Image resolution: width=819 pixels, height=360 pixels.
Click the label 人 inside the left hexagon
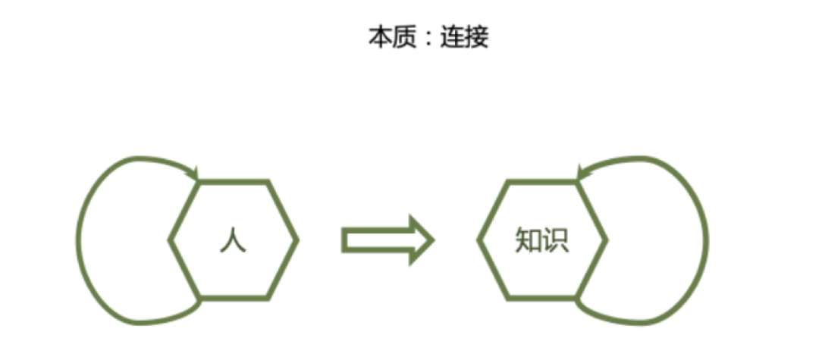tap(233, 240)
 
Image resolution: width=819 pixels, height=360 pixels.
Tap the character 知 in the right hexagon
tap(527, 240)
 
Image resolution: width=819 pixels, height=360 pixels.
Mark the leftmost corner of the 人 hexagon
tap(171, 240)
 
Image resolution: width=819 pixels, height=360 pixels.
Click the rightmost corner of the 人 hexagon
tap(297, 240)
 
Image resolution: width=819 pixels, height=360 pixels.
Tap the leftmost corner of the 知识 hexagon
tap(479, 240)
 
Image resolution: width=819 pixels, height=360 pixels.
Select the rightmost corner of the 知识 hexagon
tap(606, 240)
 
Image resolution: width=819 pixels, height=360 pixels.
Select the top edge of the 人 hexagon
tap(234, 183)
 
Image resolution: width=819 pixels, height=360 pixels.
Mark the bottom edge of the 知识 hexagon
tap(542, 298)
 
